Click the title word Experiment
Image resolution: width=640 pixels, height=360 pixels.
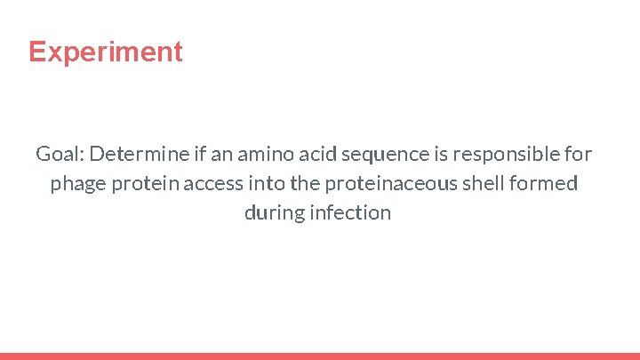click(105, 52)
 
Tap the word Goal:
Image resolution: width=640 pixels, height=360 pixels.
click(59, 154)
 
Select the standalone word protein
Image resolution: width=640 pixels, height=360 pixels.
click(146, 184)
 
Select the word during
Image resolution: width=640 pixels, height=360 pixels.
click(272, 213)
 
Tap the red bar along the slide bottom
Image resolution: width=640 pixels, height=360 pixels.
click(320, 356)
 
